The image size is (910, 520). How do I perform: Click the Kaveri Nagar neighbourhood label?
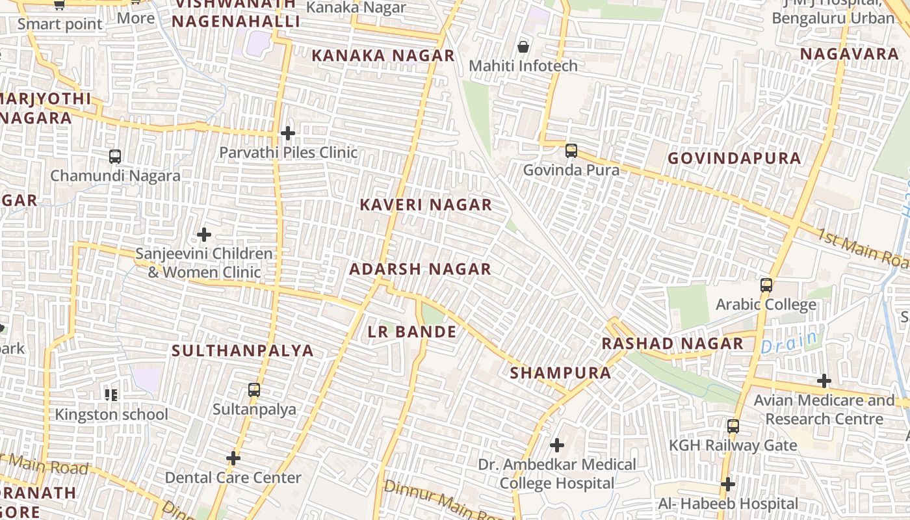(426, 205)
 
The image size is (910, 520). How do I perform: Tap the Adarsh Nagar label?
(420, 269)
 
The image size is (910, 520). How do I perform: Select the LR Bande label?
(412, 332)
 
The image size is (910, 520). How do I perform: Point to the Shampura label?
(560, 373)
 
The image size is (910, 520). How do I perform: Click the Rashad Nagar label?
(672, 344)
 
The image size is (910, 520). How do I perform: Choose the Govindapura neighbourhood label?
(734, 159)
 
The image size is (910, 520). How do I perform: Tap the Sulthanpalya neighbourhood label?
(242, 351)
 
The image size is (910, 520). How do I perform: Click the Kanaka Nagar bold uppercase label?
(383, 56)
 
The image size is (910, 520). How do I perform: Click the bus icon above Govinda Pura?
(571, 151)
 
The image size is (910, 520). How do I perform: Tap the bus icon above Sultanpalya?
(254, 390)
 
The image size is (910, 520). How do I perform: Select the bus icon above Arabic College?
(766, 285)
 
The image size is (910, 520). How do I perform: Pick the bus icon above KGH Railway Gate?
(733, 426)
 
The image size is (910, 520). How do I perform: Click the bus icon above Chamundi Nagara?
(115, 157)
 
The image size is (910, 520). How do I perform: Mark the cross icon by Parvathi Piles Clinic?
(287, 133)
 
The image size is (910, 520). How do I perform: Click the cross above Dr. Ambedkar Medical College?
(557, 445)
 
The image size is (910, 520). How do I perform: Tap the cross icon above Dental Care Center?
(233, 458)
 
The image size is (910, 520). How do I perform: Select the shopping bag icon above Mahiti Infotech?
(523, 47)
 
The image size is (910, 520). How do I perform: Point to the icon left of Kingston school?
(111, 395)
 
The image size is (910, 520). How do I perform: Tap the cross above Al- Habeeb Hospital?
(728, 484)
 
